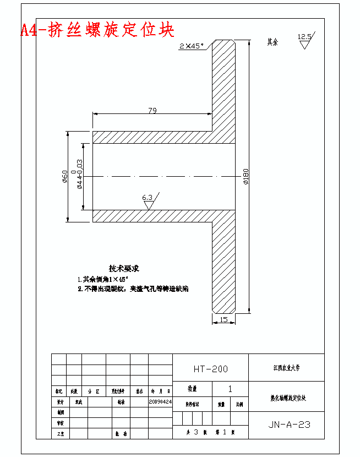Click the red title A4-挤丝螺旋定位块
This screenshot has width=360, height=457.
click(97, 30)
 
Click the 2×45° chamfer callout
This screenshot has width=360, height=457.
click(191, 46)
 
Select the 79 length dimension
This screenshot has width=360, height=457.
click(152, 111)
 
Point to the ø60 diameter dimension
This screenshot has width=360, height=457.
click(65, 177)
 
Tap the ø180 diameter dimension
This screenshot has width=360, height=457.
click(246, 176)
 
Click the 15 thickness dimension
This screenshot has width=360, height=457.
click(223, 319)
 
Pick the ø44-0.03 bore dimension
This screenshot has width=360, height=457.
click(79, 174)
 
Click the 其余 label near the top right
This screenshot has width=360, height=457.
click(272, 42)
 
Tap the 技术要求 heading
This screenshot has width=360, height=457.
click(124, 269)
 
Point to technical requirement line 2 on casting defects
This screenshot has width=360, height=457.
click(132, 289)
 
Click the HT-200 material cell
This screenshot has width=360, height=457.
click(210, 369)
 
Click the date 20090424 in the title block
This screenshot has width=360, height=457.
click(160, 402)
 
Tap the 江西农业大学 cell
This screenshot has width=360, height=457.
click(287, 367)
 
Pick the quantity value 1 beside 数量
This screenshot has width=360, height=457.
click(230, 389)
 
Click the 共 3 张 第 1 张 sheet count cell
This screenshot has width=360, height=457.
click(210, 433)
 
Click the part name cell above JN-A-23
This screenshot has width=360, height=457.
click(287, 396)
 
